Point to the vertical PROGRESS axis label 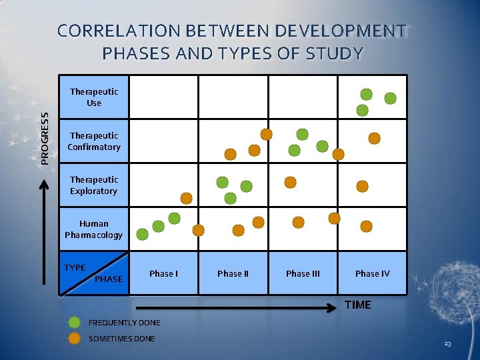pyautogui.click(x=45, y=137)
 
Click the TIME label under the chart pyautogui.click(x=358, y=305)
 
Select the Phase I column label pyautogui.click(x=163, y=273)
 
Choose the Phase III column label pyautogui.click(x=303, y=273)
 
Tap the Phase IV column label pyautogui.click(x=372, y=273)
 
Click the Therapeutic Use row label pyautogui.click(x=94, y=97)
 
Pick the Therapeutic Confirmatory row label pyautogui.click(x=94, y=141)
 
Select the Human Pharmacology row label pyautogui.click(x=94, y=229)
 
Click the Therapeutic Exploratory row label pyautogui.click(x=94, y=185)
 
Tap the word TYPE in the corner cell pyautogui.click(x=75, y=268)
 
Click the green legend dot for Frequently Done pyautogui.click(x=75, y=323)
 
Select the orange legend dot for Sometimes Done pyautogui.click(x=75, y=339)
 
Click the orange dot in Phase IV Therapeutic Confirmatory pyautogui.click(x=375, y=139)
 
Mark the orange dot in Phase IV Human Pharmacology pyautogui.click(x=367, y=227)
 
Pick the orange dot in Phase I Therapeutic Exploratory pyautogui.click(x=187, y=198)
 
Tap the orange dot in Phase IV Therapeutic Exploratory pyautogui.click(x=362, y=186)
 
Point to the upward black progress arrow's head pyautogui.click(x=45, y=181)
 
